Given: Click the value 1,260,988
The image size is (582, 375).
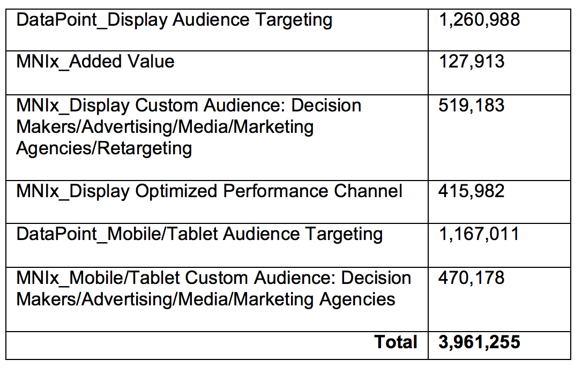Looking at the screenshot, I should pos(479,20).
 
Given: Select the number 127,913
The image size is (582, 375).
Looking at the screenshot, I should pos(472,62).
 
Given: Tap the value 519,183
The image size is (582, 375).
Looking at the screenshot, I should pos(472,105).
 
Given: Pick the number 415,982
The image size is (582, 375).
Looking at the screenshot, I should pos(472,191).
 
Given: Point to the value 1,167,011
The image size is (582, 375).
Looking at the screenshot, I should pos(479,234).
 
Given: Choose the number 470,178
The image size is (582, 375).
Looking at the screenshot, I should pos(472,277).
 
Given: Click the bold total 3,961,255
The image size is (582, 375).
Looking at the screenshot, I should pos(479,342).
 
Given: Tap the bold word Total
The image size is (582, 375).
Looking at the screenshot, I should pos(396,342).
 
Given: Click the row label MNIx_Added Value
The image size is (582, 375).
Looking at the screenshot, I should pos(95,62).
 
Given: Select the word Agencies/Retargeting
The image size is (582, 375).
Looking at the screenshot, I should pos(104,148).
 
